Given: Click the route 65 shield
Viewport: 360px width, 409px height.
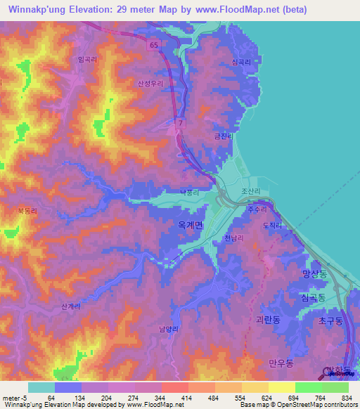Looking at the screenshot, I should (153, 44).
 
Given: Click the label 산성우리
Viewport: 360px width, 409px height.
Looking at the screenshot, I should (150, 84).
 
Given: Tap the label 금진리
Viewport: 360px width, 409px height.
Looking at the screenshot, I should (222, 137).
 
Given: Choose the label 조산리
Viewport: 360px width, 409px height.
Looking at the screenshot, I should (251, 191).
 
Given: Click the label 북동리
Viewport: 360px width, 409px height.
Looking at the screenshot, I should (26, 210).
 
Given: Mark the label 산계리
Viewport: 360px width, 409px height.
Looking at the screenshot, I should (71, 306).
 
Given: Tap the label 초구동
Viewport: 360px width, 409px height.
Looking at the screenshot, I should (330, 320).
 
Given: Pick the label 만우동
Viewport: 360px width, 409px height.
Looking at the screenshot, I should (280, 363).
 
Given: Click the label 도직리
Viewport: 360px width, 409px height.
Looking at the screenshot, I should (271, 226).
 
